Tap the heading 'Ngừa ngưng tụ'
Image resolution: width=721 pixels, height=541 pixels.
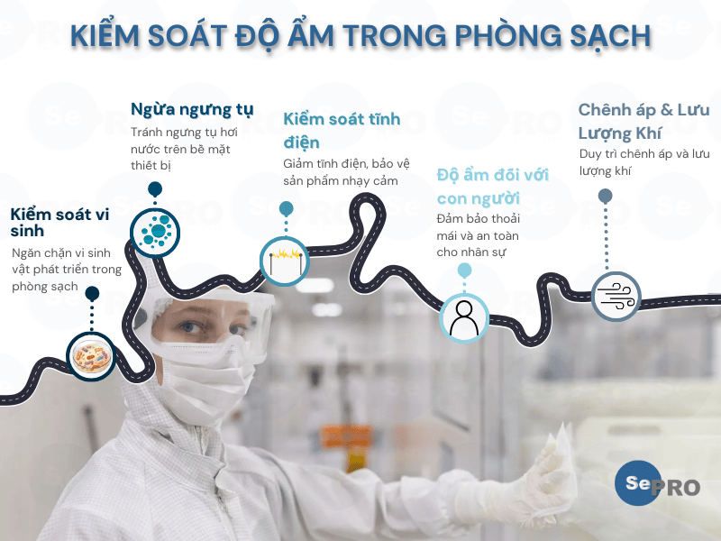[192, 109]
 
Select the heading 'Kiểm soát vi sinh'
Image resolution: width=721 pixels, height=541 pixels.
[59, 223]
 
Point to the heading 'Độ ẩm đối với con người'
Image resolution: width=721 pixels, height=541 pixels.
[492, 186]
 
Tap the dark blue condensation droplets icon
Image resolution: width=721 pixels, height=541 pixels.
[156, 231]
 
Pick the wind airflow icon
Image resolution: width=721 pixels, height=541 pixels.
[616, 295]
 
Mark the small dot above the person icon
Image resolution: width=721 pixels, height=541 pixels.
[464, 270]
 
